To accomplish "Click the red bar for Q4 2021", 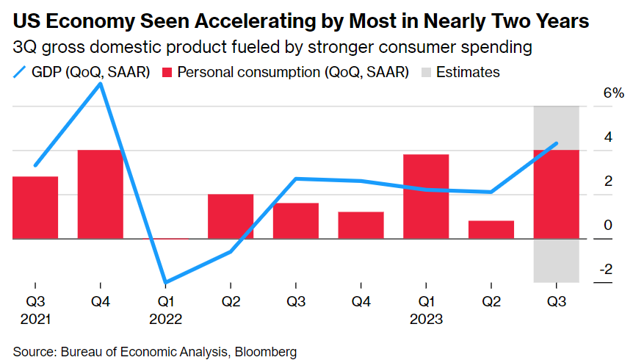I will [x=101, y=194].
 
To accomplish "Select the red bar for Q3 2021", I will [x=35, y=207].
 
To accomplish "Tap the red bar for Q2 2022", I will [x=231, y=216].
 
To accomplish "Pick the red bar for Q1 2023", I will [x=426, y=196].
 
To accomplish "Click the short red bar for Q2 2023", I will [x=491, y=229].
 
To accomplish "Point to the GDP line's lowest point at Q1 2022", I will [x=166, y=282].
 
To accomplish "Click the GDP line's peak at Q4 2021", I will [x=101, y=84].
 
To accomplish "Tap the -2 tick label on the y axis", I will [x=607, y=270].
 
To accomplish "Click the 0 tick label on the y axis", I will [x=608, y=226].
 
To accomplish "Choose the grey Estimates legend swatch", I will [x=426, y=72].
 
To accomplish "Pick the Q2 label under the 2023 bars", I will [x=491, y=302].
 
